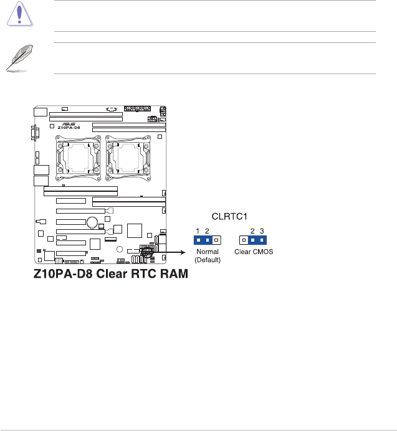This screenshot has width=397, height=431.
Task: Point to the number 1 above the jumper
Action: (x=198, y=230)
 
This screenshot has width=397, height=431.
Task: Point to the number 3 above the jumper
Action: (x=262, y=230)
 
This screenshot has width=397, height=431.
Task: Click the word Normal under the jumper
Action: (x=206, y=252)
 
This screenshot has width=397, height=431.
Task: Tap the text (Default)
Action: (x=206, y=260)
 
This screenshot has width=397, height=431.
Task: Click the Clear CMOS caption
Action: (x=253, y=252)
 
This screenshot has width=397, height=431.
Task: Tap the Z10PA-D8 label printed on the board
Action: (x=69, y=127)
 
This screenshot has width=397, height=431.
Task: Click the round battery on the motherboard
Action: (x=92, y=222)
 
